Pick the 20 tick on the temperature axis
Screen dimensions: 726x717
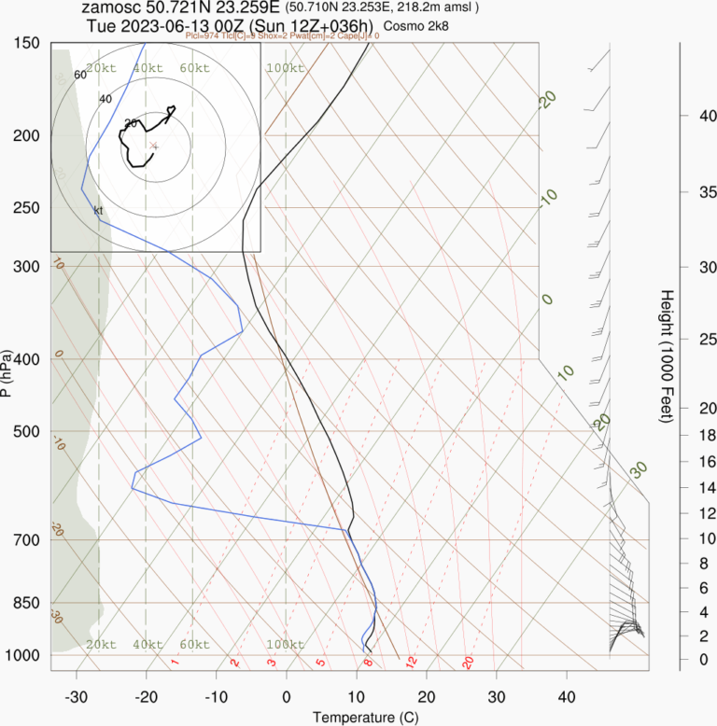pyautogui.click(x=426, y=697)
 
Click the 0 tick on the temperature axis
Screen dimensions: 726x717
pyautogui.click(x=286, y=697)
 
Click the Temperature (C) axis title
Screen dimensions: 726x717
pyautogui.click(x=359, y=717)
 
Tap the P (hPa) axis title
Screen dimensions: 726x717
pyautogui.click(x=7, y=373)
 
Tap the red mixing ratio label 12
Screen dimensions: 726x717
pyautogui.click(x=411, y=662)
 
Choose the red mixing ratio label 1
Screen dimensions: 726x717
pyautogui.click(x=175, y=663)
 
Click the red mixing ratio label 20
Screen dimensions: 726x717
pyautogui.click(x=468, y=662)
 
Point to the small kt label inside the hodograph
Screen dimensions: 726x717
pyautogui.click(x=97, y=210)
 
